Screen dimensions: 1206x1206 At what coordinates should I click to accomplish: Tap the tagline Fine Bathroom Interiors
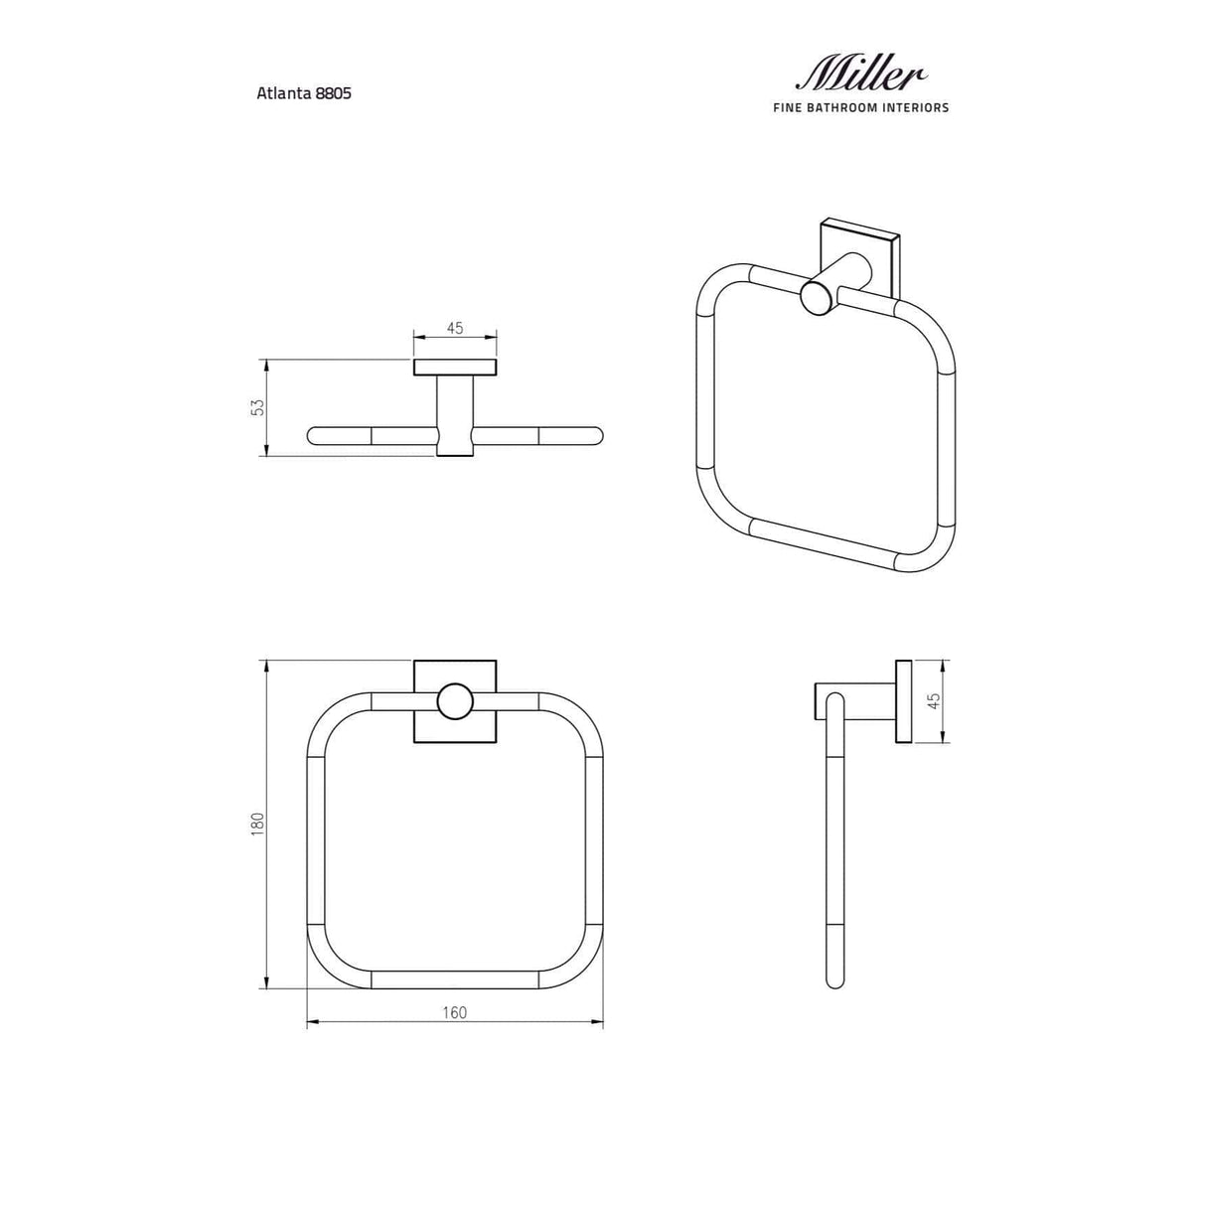pos(860,107)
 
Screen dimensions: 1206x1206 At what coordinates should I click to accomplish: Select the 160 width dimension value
pos(454,1012)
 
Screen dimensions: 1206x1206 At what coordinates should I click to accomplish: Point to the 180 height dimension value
pos(257,824)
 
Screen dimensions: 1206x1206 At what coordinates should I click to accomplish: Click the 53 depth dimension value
pos(257,406)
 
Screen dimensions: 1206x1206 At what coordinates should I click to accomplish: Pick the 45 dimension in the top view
pos(455,328)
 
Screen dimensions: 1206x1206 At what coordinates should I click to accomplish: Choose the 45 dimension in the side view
pos(932,700)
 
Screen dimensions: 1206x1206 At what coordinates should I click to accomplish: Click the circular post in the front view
pos(455,701)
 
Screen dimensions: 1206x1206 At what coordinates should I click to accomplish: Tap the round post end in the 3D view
pos(818,297)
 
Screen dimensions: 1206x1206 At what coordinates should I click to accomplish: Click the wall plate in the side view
pos(903,700)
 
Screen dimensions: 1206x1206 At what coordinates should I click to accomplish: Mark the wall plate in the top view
pos(455,368)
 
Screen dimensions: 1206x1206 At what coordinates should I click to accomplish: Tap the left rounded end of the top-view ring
pos(316,434)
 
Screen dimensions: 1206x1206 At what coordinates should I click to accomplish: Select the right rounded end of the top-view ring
pos(593,434)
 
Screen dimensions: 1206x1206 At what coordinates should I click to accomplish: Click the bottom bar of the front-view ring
pos(454,980)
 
